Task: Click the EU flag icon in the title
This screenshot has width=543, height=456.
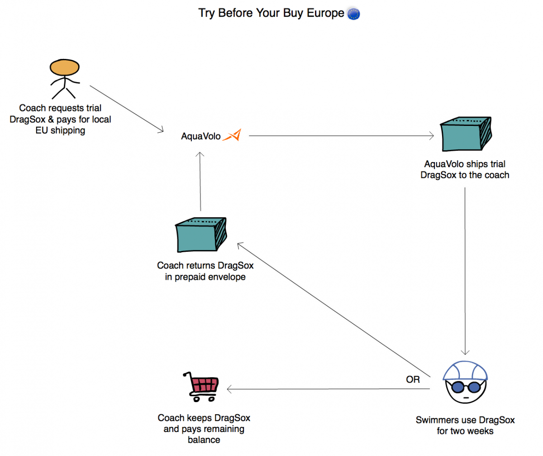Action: pyautogui.click(x=353, y=14)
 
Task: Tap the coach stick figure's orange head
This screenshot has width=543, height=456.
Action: pyautogui.click(x=65, y=68)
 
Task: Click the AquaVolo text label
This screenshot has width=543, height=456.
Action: pyautogui.click(x=201, y=136)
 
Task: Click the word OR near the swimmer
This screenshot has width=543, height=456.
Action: pyautogui.click(x=413, y=379)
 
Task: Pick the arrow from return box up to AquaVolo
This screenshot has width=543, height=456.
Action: pyautogui.click(x=200, y=181)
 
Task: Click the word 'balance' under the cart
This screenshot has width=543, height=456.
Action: pyautogui.click(x=204, y=439)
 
